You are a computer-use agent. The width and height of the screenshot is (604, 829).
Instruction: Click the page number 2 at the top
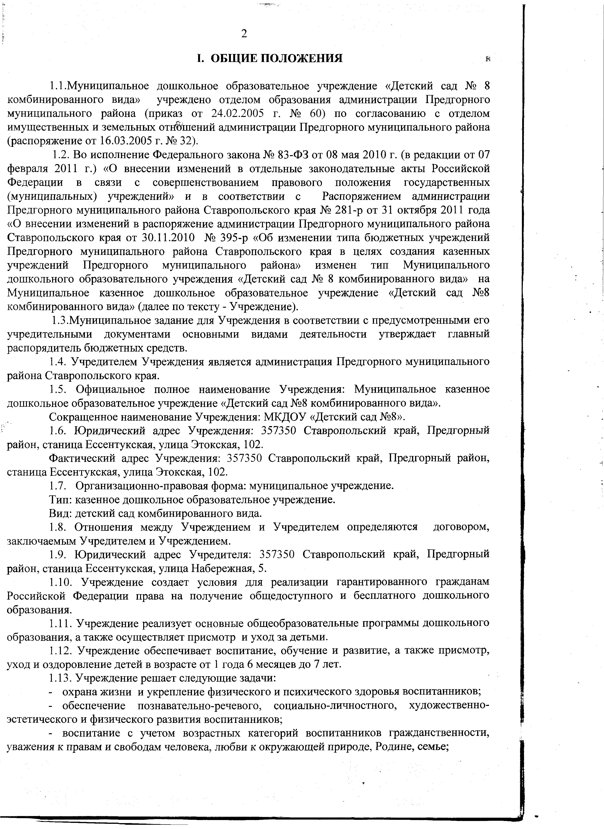[x=244, y=34]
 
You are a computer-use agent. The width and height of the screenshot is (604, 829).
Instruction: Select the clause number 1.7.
[x=57, y=486]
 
